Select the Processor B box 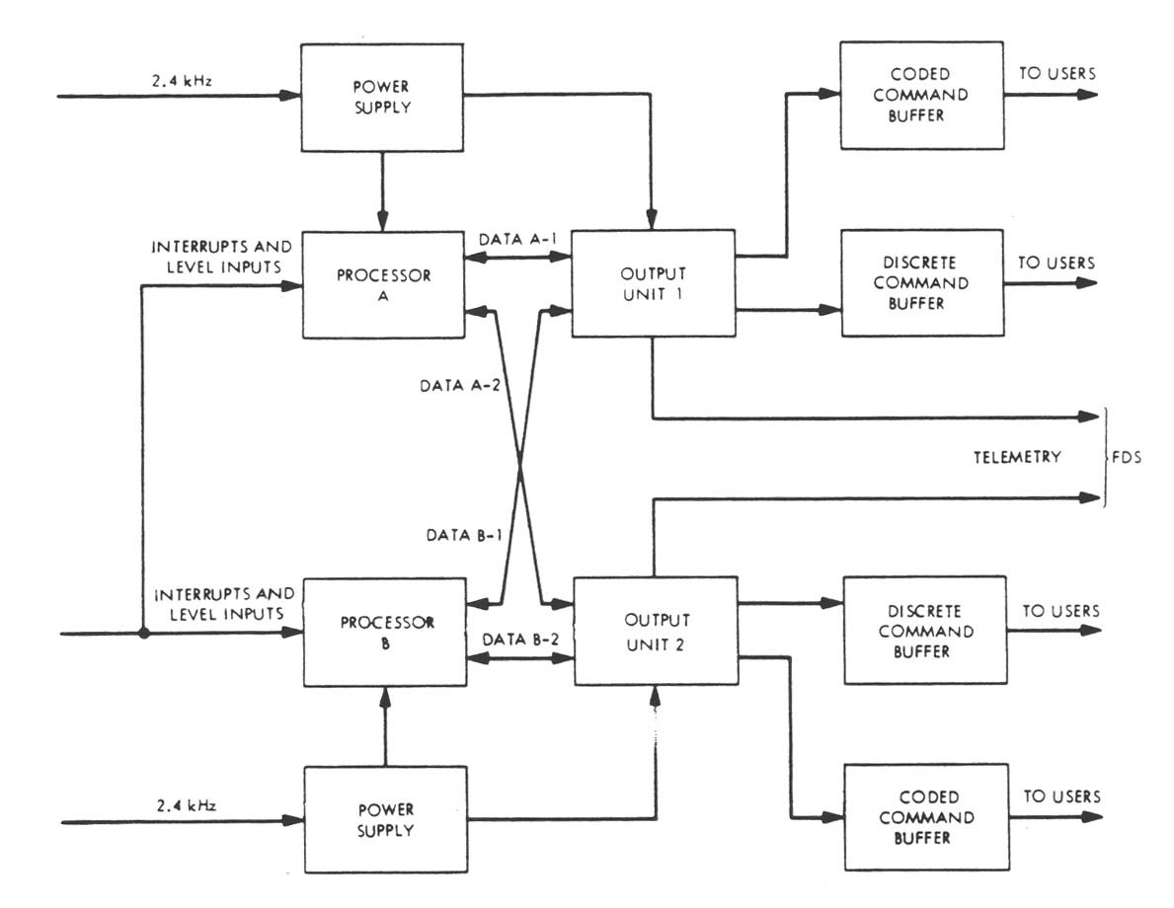(385, 632)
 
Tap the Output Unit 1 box (653, 282)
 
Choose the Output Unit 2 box (655, 632)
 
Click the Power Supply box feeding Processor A (385, 97)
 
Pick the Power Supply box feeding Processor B (385, 819)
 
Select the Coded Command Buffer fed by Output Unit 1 (919, 97)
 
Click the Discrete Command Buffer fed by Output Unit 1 (919, 282)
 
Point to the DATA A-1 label (519, 239)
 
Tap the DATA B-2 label (520, 639)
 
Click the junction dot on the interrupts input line (144, 634)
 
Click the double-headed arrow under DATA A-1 (519, 258)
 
